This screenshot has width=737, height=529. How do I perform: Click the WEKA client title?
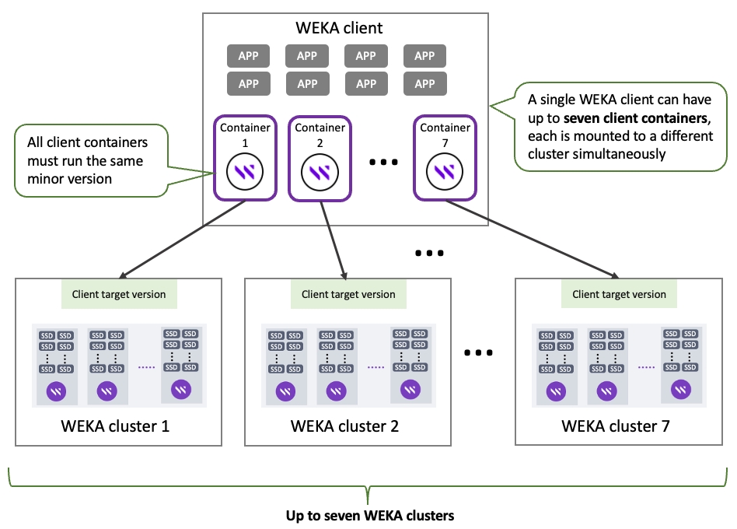tap(339, 29)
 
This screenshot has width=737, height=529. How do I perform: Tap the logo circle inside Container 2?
tap(320, 172)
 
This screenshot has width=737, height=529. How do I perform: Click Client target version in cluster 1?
tap(119, 294)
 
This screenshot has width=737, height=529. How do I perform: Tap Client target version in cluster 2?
tap(348, 294)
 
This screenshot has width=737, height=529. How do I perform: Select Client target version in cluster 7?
tap(620, 294)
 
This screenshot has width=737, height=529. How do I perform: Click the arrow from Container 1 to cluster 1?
tap(183, 236)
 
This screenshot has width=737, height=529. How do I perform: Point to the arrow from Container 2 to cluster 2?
tap(332, 236)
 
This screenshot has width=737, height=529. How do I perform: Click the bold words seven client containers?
tap(635, 119)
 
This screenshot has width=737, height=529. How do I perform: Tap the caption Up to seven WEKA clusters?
tap(369, 516)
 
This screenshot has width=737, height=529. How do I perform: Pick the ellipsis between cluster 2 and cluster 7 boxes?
tap(478, 352)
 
